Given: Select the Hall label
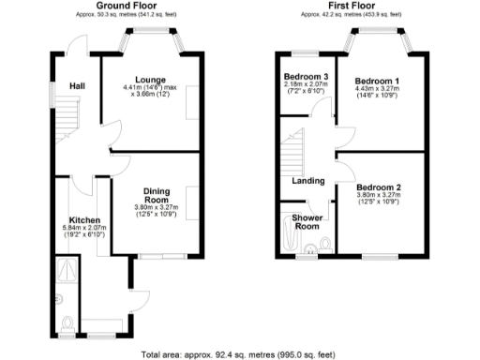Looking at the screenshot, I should pos(78,87).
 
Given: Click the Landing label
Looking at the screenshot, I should pos(308,181).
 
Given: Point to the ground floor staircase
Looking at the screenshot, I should pos(67,118).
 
